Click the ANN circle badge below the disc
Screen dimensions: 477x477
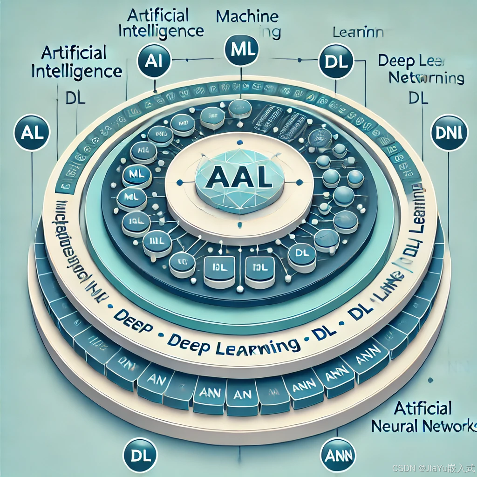click(339, 455)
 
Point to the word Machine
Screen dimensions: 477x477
click(247, 16)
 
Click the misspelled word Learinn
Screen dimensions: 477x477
click(357, 33)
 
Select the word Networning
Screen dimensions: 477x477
click(426, 78)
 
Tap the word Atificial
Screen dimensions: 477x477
click(422, 408)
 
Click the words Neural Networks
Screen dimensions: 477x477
click(424, 426)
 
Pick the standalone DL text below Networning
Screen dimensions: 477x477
click(418, 98)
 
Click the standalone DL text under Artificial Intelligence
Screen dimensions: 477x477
click(73, 99)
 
